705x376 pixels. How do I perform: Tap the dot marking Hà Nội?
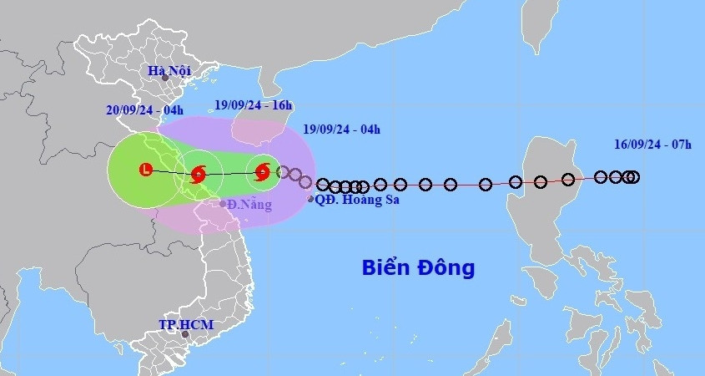[165, 79]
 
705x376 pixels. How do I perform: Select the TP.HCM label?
[186, 324]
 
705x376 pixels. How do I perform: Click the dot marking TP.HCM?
[186, 334]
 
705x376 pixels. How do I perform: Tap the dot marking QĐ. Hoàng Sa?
[311, 199]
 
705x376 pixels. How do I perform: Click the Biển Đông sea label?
[418, 267]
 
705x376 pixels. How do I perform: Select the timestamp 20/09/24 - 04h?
[145, 109]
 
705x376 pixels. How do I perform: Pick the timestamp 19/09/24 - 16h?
[254, 105]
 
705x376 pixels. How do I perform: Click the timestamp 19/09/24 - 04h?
[341, 129]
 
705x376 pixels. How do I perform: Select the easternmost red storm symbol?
[263, 172]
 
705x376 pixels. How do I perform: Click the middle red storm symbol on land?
[199, 175]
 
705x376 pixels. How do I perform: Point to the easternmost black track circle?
[633, 176]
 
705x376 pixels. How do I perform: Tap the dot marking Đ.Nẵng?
[223, 204]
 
